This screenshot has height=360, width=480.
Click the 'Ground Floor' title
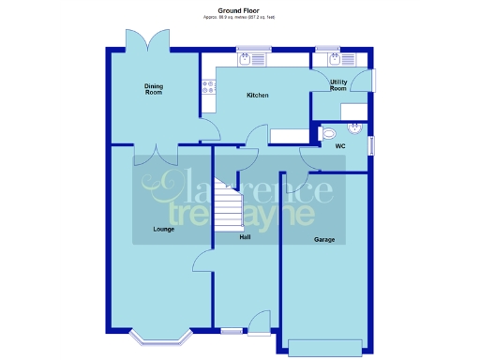(x=239, y=10)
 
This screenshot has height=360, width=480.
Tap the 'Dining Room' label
(x=154, y=89)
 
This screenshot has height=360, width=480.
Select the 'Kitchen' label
(x=258, y=96)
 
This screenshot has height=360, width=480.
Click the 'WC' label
(x=341, y=146)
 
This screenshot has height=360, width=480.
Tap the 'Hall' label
(x=245, y=236)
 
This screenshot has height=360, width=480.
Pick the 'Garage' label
(x=324, y=240)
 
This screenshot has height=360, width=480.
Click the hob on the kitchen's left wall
(x=207, y=87)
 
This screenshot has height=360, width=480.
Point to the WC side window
(x=372, y=145)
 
